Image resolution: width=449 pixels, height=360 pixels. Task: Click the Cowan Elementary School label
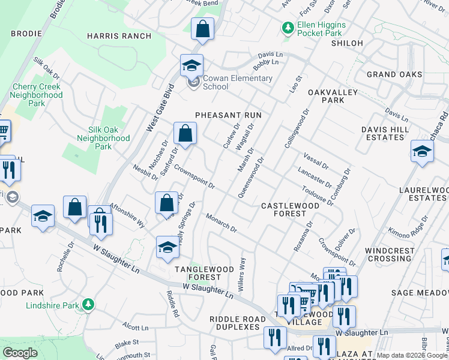pos(237,82)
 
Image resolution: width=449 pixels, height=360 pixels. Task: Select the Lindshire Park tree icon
pos(88,305)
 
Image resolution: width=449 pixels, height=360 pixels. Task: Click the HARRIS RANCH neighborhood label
pos(119,36)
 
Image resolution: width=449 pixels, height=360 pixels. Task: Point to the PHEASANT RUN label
pos(226,115)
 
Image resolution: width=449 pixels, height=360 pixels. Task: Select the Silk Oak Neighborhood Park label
pos(103,138)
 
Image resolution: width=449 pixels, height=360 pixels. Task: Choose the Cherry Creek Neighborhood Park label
pos(37,95)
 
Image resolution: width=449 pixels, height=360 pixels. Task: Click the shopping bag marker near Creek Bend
pos(203,29)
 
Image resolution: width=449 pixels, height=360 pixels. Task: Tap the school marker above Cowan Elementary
pos(191,65)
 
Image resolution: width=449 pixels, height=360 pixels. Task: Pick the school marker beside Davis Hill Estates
pos(422,152)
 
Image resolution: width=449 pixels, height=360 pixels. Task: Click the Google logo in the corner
pos(20,353)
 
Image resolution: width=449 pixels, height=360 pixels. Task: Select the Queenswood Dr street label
pos(252,178)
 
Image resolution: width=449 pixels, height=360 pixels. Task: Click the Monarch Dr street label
pos(221,223)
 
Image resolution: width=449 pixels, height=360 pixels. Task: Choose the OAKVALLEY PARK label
pos(333,97)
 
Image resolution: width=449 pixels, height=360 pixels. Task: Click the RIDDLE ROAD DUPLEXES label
pos(235,323)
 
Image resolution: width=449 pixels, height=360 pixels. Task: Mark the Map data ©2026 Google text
pos(412,355)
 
